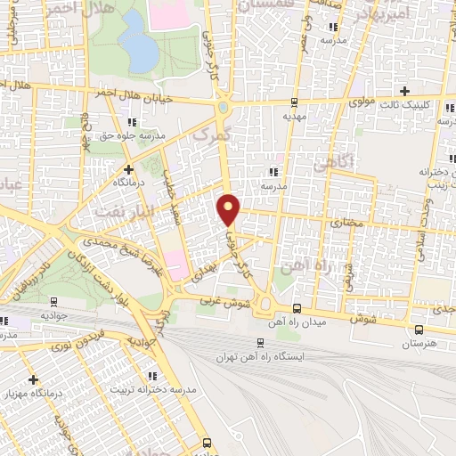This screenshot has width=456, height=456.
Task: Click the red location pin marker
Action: coord(229,209)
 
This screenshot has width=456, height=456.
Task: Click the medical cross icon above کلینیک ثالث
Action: coord(405,91)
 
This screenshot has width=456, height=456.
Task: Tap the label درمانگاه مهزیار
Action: coord(35,393)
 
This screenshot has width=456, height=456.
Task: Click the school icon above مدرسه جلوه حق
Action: coord(133,122)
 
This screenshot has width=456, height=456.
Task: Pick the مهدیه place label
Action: coord(295,115)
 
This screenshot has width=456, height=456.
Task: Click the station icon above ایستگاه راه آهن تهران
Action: coord(260,342)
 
